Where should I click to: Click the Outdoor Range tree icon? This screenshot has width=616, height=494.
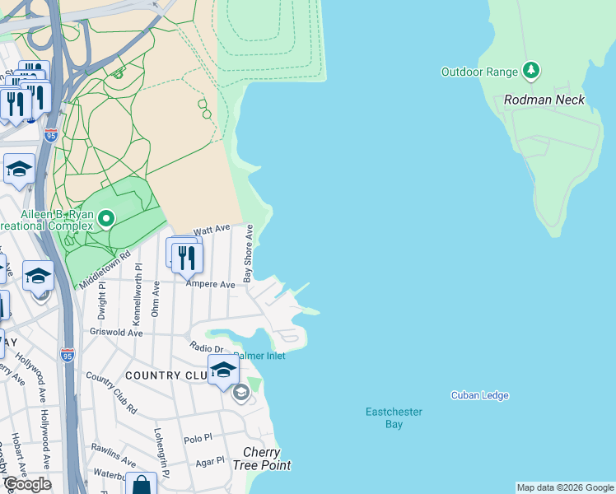[x=532, y=72]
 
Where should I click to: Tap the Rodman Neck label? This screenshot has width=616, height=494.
[x=544, y=100]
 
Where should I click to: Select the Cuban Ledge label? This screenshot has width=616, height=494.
[x=479, y=395]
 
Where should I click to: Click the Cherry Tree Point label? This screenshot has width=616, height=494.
[x=262, y=459]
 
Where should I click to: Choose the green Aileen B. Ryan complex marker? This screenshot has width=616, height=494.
[x=106, y=219]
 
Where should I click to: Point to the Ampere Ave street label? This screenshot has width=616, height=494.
[x=211, y=284]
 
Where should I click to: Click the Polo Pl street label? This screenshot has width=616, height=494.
[x=198, y=440]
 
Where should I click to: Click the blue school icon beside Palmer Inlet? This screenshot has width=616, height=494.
[x=223, y=370]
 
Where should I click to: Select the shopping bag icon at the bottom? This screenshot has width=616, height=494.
[x=141, y=486]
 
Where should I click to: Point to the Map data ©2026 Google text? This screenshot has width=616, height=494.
[x=564, y=487]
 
